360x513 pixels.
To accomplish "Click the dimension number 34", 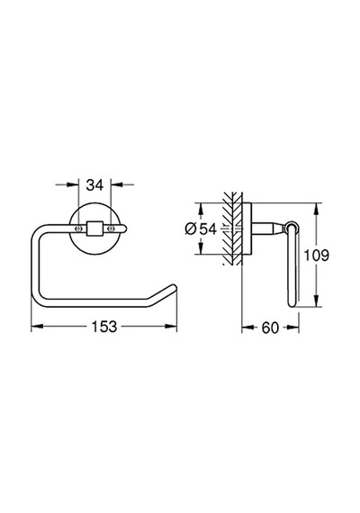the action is coord(94,184).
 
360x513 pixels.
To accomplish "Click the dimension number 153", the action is coord(103,326).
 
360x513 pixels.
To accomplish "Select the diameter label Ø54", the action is coord(201,229).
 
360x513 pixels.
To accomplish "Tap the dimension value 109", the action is coord(317,256).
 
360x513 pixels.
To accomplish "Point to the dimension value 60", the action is coord(270,328).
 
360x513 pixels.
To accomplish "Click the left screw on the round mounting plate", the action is coord(77,229).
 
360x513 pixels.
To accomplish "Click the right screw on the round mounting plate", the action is coord(112,229).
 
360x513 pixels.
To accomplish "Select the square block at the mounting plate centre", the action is coord(94,229).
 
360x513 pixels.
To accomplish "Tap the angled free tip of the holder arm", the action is coord(173,288).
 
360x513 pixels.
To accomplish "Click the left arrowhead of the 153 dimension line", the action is coord(37,326).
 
